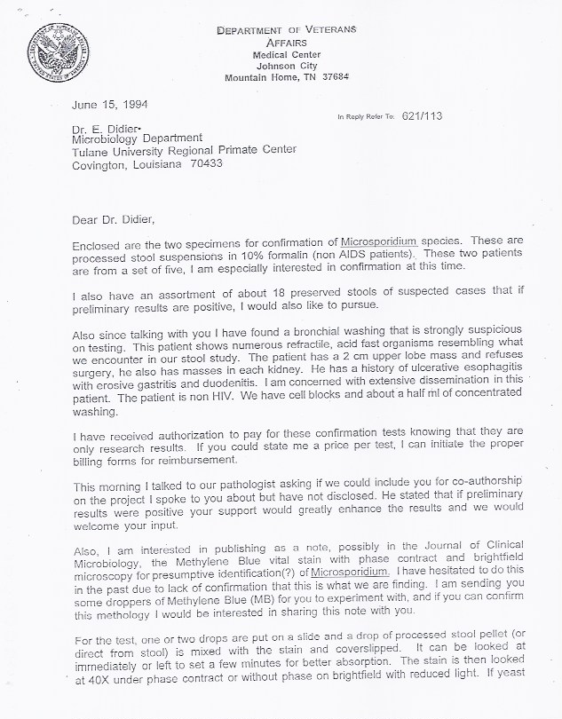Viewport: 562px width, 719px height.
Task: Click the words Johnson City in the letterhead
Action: pyautogui.click(x=286, y=65)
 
